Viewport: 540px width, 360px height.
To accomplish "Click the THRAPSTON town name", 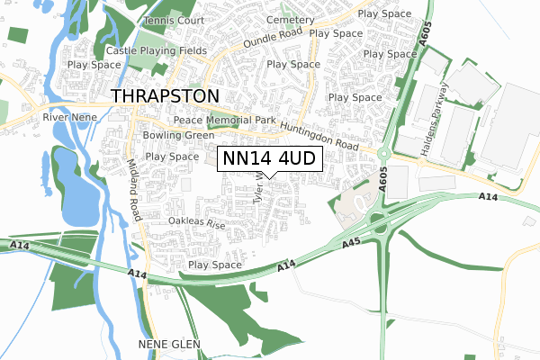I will (x=164, y=96).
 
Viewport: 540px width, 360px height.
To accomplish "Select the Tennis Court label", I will (x=175, y=20).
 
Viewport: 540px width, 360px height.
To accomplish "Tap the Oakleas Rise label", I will (x=196, y=221).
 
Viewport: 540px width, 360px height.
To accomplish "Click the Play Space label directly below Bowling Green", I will (x=172, y=157).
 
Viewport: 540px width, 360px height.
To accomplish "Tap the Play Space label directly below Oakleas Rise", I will (x=215, y=265).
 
